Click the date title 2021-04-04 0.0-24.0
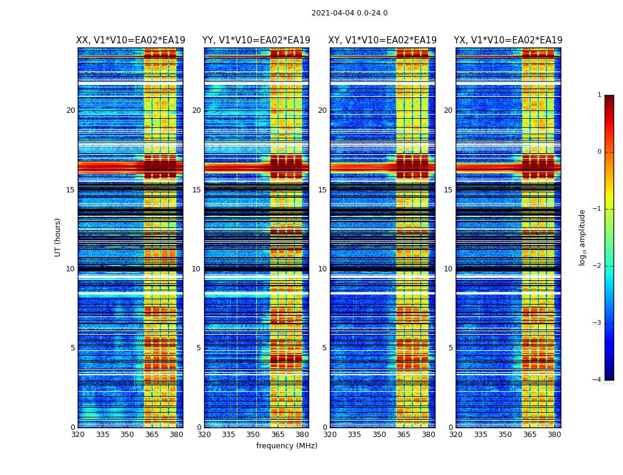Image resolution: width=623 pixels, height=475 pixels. pyautogui.click(x=349, y=13)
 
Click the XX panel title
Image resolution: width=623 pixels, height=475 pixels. pyautogui.click(x=130, y=40)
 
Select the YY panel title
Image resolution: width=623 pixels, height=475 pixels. pyautogui.click(x=256, y=40)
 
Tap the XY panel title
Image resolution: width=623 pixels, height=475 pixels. pyautogui.click(x=382, y=40)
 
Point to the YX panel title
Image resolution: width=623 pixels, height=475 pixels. pyautogui.click(x=508, y=40)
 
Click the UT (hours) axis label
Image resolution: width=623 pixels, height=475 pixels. pyautogui.click(x=58, y=237)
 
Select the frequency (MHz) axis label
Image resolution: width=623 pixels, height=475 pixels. pyautogui.click(x=287, y=446)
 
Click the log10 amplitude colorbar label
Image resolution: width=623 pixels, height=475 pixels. pyautogui.click(x=583, y=237)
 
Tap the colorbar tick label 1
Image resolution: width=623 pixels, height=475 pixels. pyautogui.click(x=599, y=95)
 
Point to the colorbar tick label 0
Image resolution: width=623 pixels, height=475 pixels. pyautogui.click(x=599, y=152)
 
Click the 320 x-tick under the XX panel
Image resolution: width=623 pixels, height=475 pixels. pyautogui.click(x=78, y=435)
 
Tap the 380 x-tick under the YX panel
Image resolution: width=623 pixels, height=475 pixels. pyautogui.click(x=554, y=435)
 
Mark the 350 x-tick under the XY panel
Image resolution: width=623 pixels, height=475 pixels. pyautogui.click(x=379, y=435)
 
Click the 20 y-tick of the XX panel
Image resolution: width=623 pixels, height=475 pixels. pyautogui.click(x=71, y=110)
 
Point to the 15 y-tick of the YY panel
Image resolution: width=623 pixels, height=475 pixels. pyautogui.click(x=197, y=190)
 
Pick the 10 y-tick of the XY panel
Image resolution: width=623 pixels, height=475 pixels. pyautogui.click(x=323, y=269)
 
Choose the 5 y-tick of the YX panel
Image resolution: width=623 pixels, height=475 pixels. pyautogui.click(x=451, y=348)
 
